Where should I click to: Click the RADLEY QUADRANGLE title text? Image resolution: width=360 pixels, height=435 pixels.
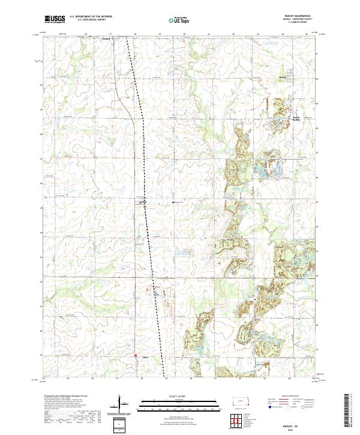click(x=293, y=16)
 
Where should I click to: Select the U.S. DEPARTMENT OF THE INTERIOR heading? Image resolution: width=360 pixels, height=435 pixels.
click(x=91, y=17)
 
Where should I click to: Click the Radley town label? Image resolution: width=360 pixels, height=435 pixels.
click(x=284, y=76)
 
